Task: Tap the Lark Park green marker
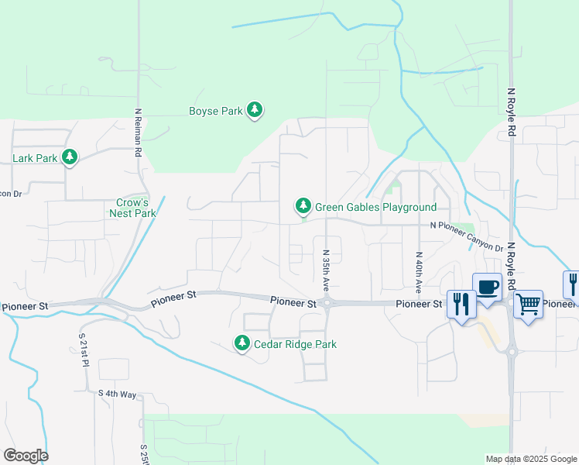coord(70,158)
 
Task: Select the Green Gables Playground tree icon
coord(303,206)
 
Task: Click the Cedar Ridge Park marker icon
coord(242,343)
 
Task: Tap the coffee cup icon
coord(487,287)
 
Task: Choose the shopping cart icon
coord(528,305)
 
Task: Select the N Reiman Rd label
coord(138,133)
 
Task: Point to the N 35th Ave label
coord(326,270)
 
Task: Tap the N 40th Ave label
coord(418,271)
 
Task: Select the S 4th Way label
coord(117,394)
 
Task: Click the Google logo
coord(26,456)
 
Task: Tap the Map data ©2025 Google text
coord(531,459)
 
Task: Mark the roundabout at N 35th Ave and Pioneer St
coord(327,303)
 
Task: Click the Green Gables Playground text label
coord(375,207)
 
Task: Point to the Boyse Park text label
coord(216,111)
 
